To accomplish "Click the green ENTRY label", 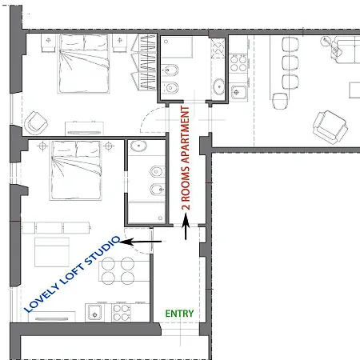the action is [179, 314].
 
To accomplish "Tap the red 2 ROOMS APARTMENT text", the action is [186, 158].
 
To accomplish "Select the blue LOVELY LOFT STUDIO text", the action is [72, 274].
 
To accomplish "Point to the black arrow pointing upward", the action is [186, 226].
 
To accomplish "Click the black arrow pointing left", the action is [140, 242].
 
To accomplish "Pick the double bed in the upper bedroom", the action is [83, 64].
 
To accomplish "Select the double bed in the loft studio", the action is [76, 170].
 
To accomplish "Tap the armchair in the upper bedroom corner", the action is [36, 123].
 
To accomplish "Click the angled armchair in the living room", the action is [330, 127].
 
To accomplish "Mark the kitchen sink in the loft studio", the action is [94, 313].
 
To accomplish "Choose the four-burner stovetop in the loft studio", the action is [122, 313].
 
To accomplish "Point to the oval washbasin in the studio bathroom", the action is [138, 146].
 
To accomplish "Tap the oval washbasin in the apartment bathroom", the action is [218, 86].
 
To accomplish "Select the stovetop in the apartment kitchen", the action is [238, 63].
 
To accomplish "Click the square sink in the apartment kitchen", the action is [238, 92].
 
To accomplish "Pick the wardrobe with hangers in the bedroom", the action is [143, 62].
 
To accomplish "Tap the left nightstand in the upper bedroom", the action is [48, 42].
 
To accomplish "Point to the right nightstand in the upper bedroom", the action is [120, 42].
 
